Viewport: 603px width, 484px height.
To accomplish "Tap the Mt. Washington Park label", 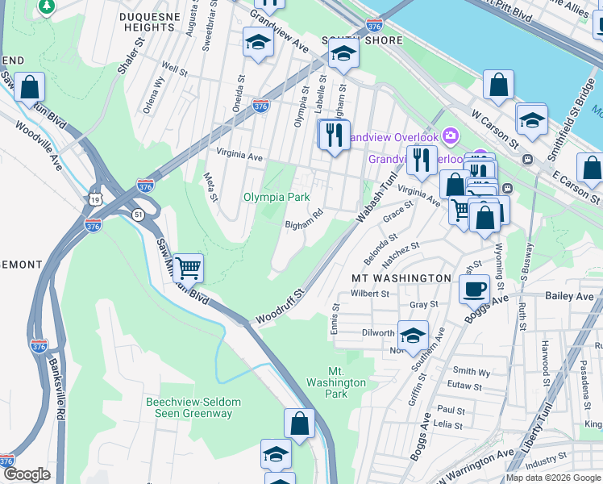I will pyautogui.click(x=336, y=382).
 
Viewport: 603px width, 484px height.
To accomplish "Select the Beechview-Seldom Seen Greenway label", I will pyautogui.click(x=189, y=407).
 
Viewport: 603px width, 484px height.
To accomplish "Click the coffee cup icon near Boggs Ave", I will pyautogui.click(x=474, y=288).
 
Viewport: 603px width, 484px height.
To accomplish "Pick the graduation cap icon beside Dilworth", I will pyautogui.click(x=413, y=336).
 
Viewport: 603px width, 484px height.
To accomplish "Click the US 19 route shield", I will pyautogui.click(x=95, y=198).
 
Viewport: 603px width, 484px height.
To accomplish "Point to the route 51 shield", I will pyautogui.click(x=138, y=214).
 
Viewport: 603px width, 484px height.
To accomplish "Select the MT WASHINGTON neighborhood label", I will pyautogui.click(x=401, y=278).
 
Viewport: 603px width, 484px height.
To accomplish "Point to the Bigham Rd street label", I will pyautogui.click(x=303, y=219).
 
